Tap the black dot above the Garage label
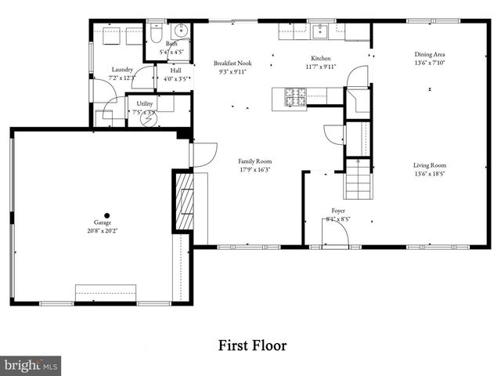click(107, 215)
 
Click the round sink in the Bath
click(182, 32)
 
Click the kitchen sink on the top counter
click(320, 32)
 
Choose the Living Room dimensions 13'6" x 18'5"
click(429, 175)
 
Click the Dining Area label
click(429, 55)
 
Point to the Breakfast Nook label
click(232, 63)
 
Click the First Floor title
click(251, 345)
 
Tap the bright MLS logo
click(31, 365)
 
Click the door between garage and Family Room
click(200, 154)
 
